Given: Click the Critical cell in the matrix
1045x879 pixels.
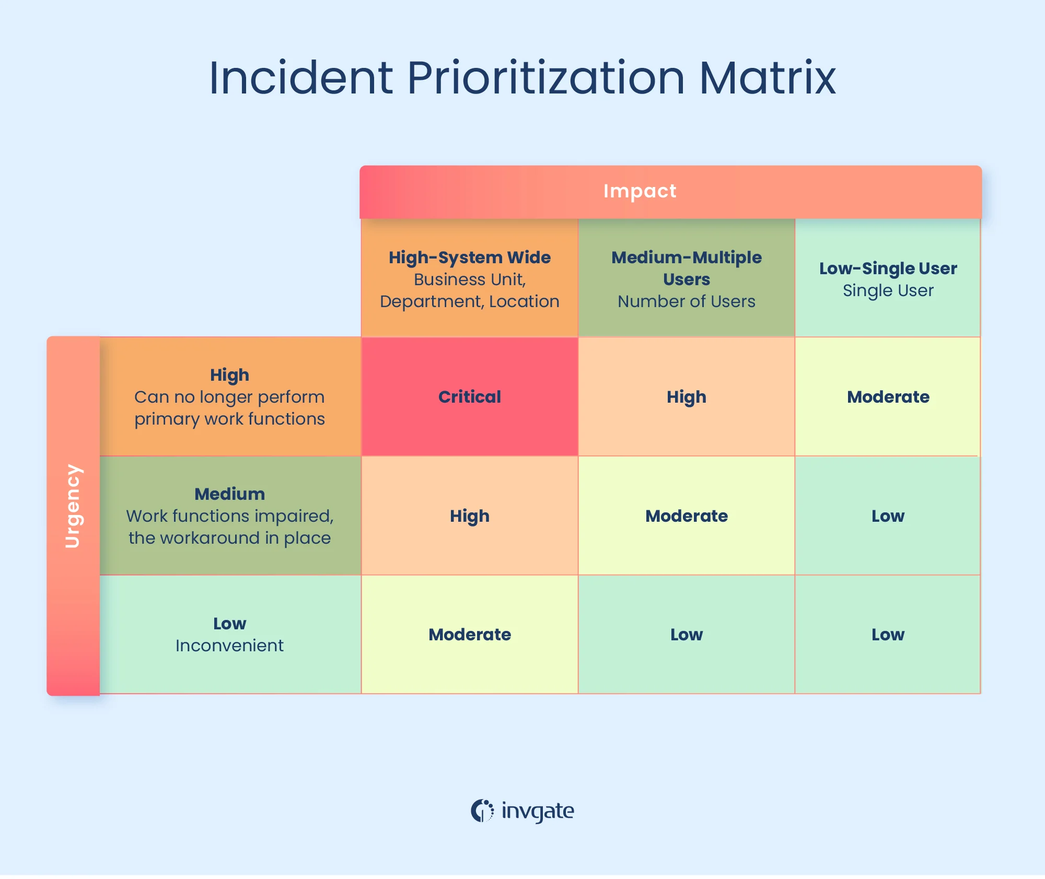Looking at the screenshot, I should click(469, 397).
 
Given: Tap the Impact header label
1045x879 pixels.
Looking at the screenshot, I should click(640, 191).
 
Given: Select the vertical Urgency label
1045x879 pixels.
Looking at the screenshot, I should click(73, 506).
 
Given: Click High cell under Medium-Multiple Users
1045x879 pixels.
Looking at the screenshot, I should click(686, 397).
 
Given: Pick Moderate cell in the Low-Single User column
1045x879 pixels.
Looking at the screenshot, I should click(888, 397).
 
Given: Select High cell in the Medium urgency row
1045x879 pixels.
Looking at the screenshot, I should click(469, 516).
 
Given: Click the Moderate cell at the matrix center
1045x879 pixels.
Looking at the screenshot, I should click(686, 516).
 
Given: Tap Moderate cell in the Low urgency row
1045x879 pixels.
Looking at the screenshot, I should click(469, 635).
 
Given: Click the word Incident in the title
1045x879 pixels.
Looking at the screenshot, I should click(300, 78).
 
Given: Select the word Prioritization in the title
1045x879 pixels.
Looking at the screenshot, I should click(545, 78).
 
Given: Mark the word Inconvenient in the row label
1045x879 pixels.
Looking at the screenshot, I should click(229, 646).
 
